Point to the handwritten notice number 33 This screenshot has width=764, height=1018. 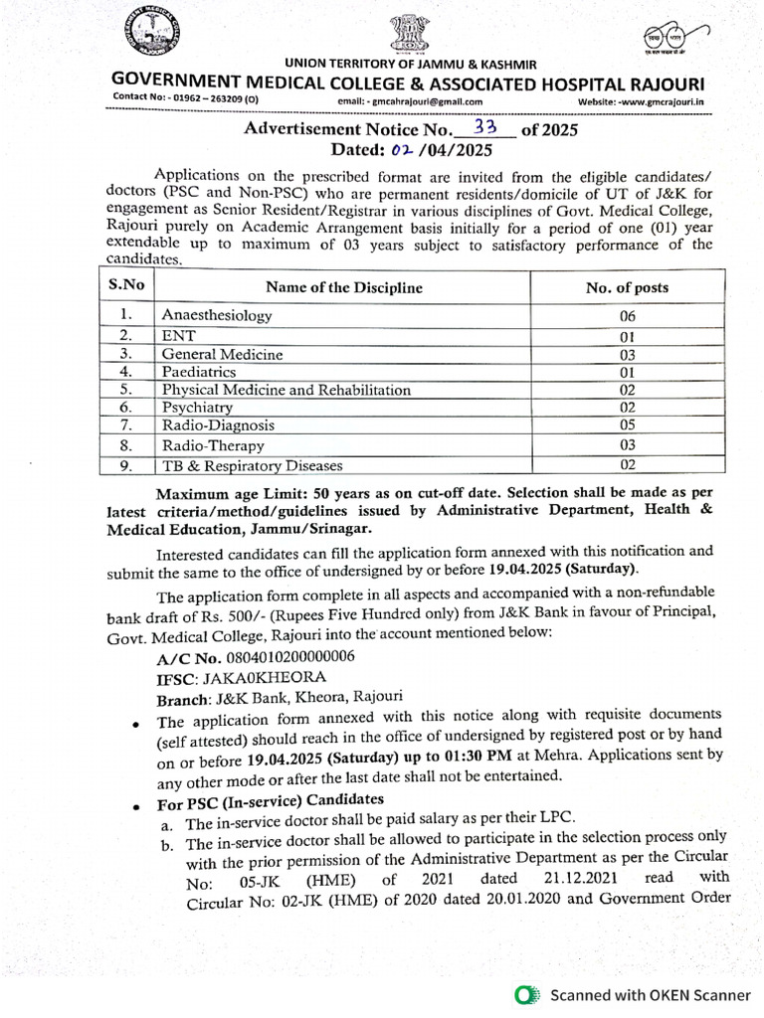[485, 127]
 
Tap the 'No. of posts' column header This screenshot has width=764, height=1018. [627, 287]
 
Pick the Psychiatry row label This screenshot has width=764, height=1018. [197, 408]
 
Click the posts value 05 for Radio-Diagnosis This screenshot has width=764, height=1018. [627, 426]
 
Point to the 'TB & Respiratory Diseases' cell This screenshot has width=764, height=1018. [252, 464]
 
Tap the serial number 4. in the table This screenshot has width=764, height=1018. [126, 371]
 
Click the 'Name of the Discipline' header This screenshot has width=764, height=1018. [343, 287]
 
